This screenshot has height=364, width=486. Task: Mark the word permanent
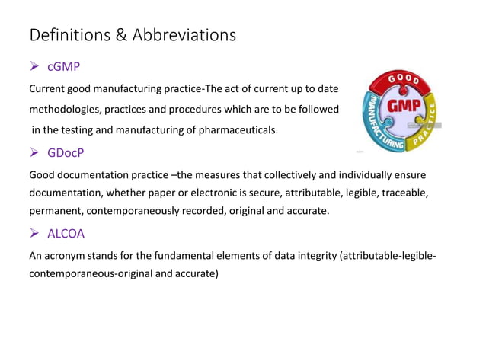(x=56, y=212)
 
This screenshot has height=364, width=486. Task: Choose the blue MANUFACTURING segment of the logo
(x=378, y=126)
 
